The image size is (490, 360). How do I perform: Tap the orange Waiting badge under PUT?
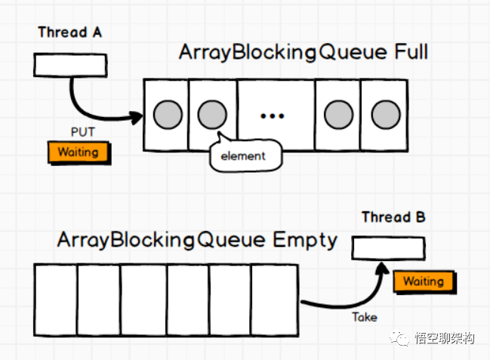pyautogui.click(x=78, y=152)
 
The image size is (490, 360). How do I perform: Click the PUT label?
pyautogui.click(x=82, y=133)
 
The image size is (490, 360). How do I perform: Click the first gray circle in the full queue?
pyautogui.click(x=166, y=114)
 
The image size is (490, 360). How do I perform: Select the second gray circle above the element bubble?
pyautogui.click(x=212, y=114)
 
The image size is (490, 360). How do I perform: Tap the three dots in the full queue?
pyautogui.click(x=271, y=115)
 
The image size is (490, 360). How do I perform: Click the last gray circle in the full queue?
pyautogui.click(x=385, y=114)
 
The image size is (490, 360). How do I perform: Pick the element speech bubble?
pyautogui.click(x=243, y=156)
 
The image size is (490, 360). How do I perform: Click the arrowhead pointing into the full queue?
pyautogui.click(x=136, y=117)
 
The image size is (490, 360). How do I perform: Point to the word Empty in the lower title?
pyautogui.click(x=305, y=240)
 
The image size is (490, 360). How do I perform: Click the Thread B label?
pyautogui.click(x=393, y=217)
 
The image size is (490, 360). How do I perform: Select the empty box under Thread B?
pyautogui.click(x=388, y=248)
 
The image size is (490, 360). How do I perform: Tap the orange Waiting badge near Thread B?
pyautogui.click(x=423, y=282)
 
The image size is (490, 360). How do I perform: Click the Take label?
pyautogui.click(x=364, y=317)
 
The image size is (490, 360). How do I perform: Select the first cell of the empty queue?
pyautogui.click(x=56, y=300)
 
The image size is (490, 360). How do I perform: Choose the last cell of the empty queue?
pyautogui.click(x=275, y=300)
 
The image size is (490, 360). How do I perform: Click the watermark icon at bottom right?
pyautogui.click(x=400, y=339)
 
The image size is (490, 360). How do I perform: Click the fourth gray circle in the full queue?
pyautogui.click(x=337, y=114)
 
